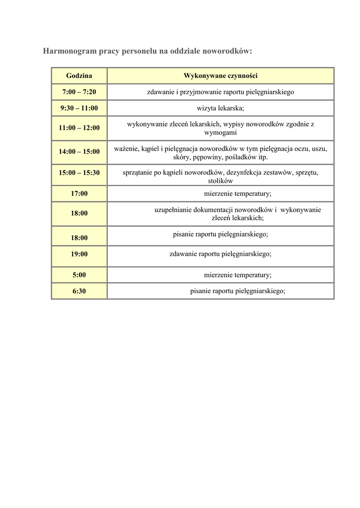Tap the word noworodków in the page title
229,51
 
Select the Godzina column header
79,76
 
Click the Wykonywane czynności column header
220,76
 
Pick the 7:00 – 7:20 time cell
79,92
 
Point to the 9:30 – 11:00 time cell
79,108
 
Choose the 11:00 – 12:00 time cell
79,128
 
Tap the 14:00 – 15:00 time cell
79,152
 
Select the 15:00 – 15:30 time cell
79,173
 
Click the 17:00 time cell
79,193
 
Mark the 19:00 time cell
79,254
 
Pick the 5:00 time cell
79,275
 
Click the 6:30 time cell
79,291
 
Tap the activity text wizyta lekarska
220,108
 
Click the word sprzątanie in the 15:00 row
139,173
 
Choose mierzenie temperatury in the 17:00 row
237,193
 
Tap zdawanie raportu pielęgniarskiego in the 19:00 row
220,254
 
